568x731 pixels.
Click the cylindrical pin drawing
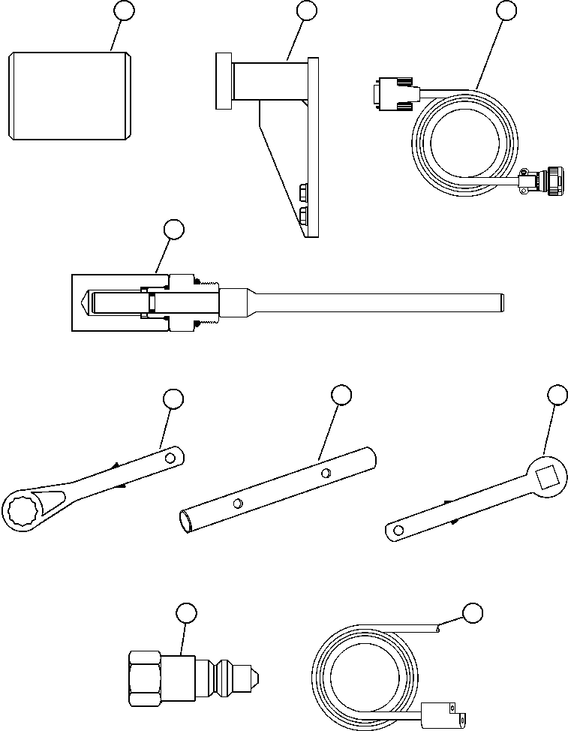[71, 95]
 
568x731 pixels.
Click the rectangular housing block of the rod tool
[113, 302]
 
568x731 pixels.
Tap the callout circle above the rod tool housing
[173, 230]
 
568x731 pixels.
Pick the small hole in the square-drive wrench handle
[398, 531]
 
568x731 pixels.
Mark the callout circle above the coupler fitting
[186, 613]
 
